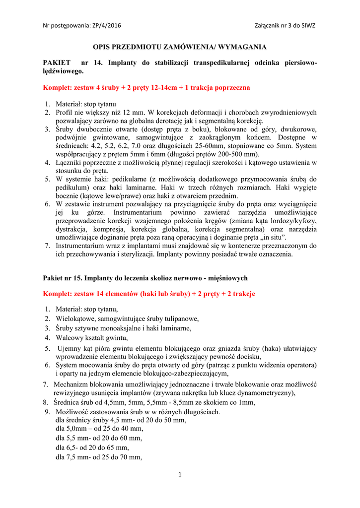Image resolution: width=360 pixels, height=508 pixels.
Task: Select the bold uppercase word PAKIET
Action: click(57, 63)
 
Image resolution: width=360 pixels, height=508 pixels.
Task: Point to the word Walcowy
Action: click(69, 338)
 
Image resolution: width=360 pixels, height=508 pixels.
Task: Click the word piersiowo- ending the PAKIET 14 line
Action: click(299, 63)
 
